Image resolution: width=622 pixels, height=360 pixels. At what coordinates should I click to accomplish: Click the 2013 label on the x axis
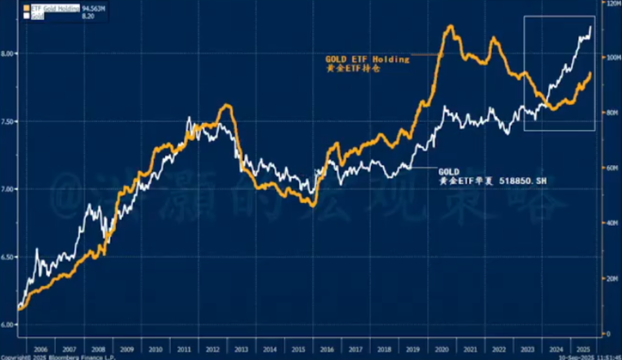[x=241, y=349]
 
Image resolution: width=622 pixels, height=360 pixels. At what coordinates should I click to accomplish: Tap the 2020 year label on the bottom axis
[x=441, y=349]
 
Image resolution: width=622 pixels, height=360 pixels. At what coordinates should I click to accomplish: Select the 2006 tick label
[x=41, y=349]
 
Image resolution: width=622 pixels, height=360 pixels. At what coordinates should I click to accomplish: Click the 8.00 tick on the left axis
[x=9, y=53]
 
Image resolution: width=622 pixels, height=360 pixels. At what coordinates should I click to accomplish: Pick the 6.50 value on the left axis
[x=9, y=257]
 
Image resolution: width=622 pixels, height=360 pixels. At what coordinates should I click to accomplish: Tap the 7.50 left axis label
[x=9, y=121]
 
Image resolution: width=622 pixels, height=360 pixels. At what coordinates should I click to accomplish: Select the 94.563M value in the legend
[x=95, y=8]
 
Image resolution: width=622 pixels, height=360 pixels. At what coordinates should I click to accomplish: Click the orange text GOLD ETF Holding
[x=367, y=59]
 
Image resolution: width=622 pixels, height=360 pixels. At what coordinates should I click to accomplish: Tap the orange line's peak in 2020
[x=450, y=26]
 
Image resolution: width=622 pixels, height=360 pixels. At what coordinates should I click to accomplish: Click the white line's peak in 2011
[x=189, y=117]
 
